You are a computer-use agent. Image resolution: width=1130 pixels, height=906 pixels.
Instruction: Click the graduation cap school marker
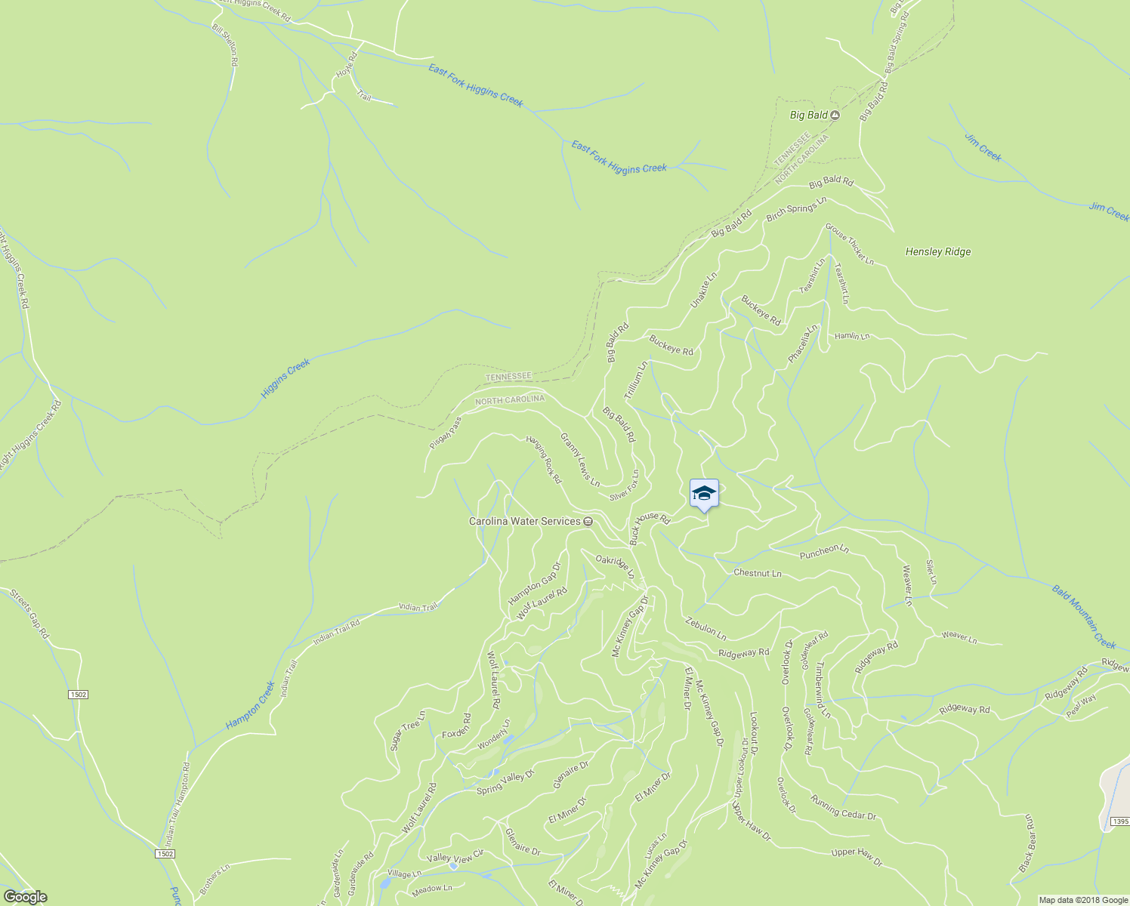pos(704,494)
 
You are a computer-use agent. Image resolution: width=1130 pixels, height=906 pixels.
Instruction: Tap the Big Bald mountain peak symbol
pos(835,116)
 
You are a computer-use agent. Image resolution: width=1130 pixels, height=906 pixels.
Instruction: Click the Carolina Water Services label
pos(525,521)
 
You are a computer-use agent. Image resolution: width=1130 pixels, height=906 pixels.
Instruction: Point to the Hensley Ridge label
pos(938,252)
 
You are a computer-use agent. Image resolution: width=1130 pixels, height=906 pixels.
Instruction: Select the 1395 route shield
pos(1119,821)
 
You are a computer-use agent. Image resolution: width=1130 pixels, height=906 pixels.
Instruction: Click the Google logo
pos(25,897)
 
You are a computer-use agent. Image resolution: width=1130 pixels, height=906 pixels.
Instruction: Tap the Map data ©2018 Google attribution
pos(1083,900)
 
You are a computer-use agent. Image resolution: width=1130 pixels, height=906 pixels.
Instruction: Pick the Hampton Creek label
pos(250,706)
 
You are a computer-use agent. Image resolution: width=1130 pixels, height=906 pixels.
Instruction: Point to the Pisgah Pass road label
pos(445,434)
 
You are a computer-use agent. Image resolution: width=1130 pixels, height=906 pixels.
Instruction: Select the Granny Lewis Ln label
pos(580,459)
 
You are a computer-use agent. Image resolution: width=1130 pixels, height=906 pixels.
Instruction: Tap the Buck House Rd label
pos(650,528)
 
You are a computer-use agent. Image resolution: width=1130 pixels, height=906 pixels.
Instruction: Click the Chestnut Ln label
pos(757,574)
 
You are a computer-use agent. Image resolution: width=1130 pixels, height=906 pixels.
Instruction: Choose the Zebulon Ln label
pos(705,628)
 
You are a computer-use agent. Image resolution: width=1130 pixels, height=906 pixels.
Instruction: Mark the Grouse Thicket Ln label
pos(849,244)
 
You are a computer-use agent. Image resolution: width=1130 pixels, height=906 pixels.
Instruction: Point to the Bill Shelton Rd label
pos(225,46)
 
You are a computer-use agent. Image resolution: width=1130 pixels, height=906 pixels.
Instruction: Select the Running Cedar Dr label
pos(843,807)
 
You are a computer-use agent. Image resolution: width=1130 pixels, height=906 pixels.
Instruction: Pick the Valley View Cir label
pos(455,858)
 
